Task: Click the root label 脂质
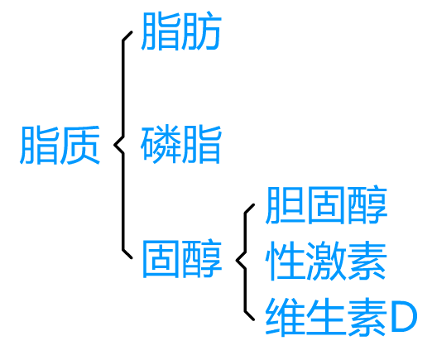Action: [60, 145]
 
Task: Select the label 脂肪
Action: [181, 31]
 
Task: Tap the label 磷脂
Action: [181, 144]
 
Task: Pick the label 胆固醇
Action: [326, 204]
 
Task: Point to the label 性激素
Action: [326, 261]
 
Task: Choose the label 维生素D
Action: [341, 317]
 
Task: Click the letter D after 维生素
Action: [404, 317]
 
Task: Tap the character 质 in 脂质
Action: [80, 145]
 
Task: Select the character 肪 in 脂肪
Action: [202, 31]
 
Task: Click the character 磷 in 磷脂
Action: [161, 144]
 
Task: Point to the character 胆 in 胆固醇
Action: [286, 204]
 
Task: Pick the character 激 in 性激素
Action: [326, 261]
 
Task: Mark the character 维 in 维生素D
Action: [286, 317]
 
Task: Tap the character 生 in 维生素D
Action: [326, 317]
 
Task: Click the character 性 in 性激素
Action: [286, 261]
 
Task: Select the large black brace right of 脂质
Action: [123, 145]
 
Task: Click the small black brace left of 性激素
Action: [245, 261]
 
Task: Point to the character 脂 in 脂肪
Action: [161, 31]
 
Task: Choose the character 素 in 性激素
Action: [367, 261]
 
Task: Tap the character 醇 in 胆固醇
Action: [367, 204]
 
